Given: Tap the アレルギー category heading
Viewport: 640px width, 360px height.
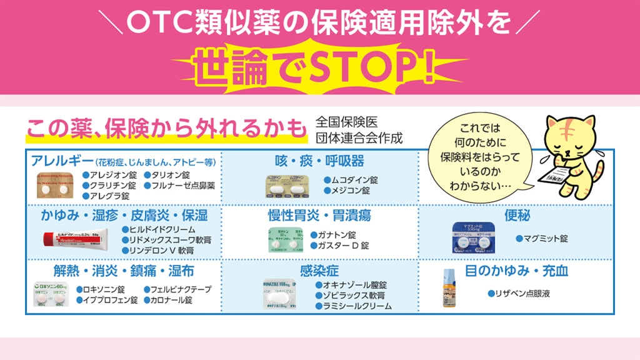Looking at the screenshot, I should tap(58, 161).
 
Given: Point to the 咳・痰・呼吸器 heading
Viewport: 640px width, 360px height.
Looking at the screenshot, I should tap(319, 161).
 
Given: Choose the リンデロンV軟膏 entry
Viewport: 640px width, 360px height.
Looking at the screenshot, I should tap(161, 250).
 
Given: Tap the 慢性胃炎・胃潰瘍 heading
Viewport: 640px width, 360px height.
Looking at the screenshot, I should tap(319, 216).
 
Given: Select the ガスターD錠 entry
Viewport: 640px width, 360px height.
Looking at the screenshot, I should tap(344, 246).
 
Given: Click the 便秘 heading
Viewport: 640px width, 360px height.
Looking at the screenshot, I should tap(517, 216).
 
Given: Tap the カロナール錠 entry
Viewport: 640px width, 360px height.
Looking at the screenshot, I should tap(171, 300).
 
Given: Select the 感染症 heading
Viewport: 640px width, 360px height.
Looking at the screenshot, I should tap(319, 271).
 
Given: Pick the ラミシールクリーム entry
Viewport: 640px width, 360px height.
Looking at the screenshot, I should tap(357, 306).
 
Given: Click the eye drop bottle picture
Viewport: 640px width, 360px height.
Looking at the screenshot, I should tap(449, 289).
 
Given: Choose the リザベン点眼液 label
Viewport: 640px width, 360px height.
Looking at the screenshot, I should tap(522, 293).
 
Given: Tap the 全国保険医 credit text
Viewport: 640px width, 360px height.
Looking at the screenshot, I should tap(347, 122).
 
